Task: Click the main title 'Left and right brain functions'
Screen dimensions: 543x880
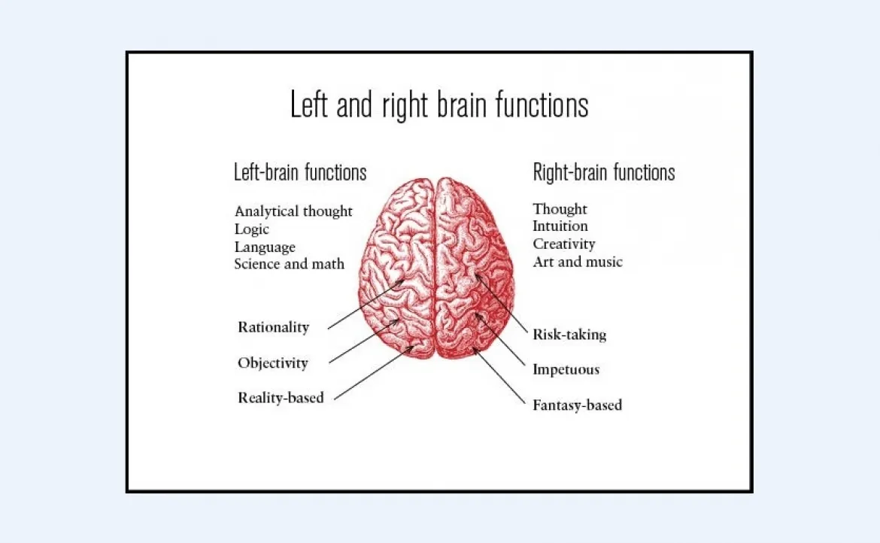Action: coord(439,105)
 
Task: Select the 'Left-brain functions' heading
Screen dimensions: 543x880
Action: coord(300,172)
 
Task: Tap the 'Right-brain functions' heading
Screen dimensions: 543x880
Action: coord(604,172)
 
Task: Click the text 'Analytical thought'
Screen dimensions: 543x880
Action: coord(293,211)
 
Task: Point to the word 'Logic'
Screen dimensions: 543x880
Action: coord(251,229)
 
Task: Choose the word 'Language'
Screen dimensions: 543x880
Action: coord(265,247)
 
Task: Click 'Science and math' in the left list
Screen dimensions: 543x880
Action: coord(289,264)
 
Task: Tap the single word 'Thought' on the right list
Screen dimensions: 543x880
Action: coord(560,209)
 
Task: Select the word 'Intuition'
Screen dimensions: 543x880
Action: coord(560,226)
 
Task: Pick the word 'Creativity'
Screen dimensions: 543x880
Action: coord(564,244)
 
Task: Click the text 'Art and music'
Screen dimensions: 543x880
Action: coord(578,262)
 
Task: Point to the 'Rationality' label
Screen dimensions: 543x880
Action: coord(273,327)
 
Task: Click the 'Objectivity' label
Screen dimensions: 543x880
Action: coord(273,363)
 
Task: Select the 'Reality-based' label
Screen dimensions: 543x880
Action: coord(281,397)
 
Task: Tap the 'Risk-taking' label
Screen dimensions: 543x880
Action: coord(569,335)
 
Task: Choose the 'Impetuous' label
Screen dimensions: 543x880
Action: coord(566,369)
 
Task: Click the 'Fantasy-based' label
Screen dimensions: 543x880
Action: coord(577,405)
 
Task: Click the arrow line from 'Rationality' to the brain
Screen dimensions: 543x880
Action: coord(366,305)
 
